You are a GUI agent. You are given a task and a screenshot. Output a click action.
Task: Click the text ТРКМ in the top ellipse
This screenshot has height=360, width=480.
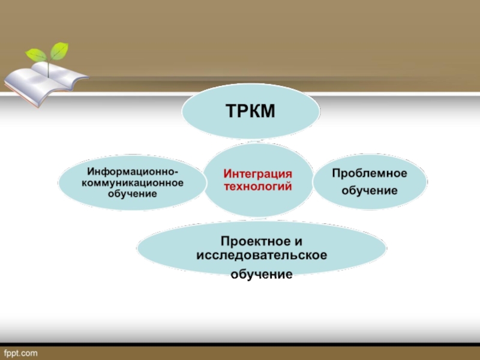[x=251, y=111]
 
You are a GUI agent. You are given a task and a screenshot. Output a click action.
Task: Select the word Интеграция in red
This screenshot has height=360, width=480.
[x=257, y=173]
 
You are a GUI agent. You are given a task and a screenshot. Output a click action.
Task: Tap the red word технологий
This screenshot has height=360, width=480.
[x=257, y=187]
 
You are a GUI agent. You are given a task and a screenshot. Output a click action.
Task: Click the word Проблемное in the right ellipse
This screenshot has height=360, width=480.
[x=370, y=173]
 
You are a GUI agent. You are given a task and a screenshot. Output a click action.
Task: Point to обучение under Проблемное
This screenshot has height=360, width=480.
[x=370, y=191]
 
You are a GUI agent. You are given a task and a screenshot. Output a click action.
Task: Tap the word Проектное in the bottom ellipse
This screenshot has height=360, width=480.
[x=252, y=241]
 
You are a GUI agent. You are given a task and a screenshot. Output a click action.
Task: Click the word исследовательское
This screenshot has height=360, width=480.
[x=262, y=256]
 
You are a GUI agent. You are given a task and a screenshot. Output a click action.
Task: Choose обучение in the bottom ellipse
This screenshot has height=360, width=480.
[x=262, y=274]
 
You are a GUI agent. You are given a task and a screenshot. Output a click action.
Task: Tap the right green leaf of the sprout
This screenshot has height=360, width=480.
[x=59, y=50]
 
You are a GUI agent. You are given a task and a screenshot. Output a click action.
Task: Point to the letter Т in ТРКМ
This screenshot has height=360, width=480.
[x=231, y=111]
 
